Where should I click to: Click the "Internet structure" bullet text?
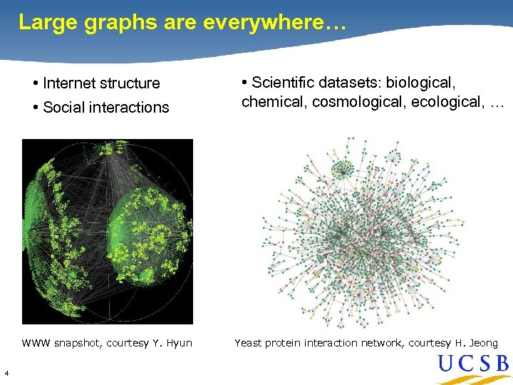pyautogui.click(x=101, y=83)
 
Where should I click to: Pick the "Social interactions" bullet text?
pyautogui.click(x=105, y=108)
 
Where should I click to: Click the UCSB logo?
pyautogui.click(x=473, y=366)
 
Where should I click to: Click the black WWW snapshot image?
pyautogui.click(x=108, y=231)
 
